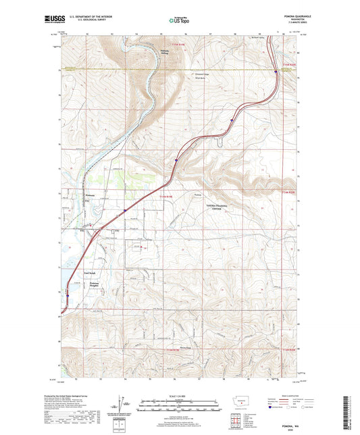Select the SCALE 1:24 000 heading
[x=180, y=396]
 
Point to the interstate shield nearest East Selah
[x=68, y=295]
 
